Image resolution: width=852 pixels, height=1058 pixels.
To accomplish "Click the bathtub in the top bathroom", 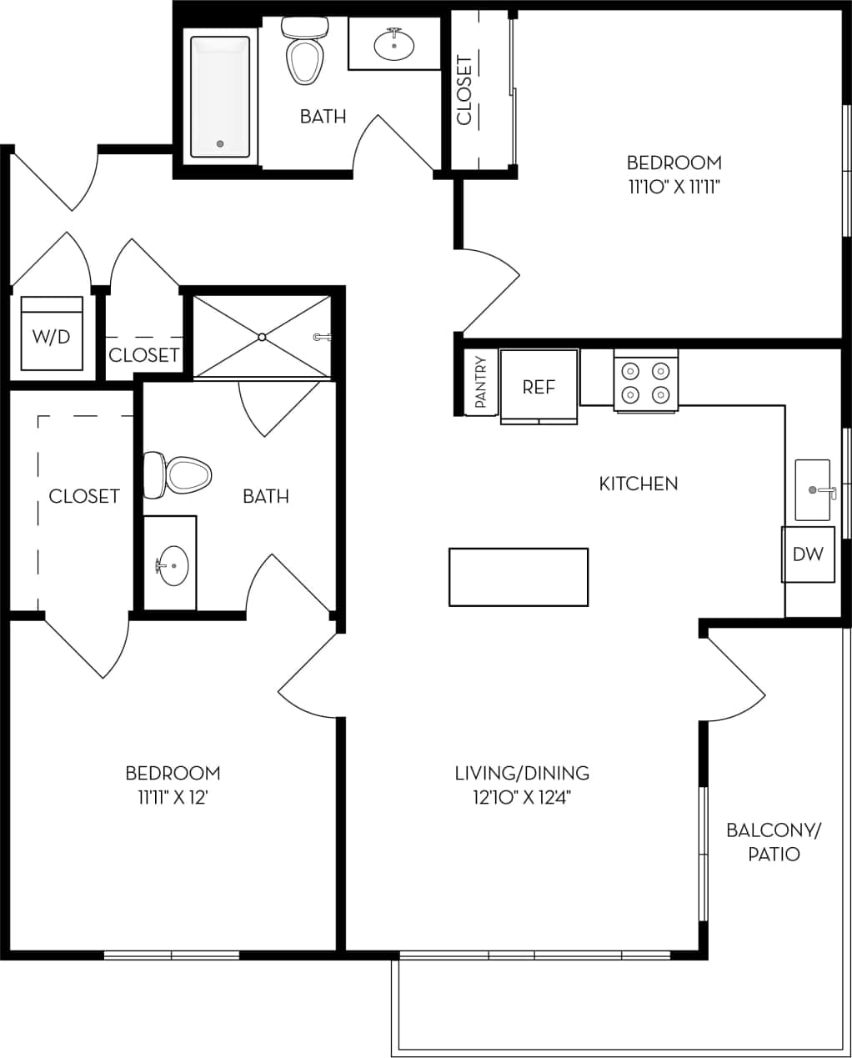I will coord(219,96).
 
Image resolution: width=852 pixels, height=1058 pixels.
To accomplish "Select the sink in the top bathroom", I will coord(393,45).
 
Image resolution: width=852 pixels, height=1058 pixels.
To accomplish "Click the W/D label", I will coord(51,337).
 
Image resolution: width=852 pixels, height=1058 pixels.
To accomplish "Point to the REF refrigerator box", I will coord(539,387).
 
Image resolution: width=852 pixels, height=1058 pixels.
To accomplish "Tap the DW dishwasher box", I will coord(808,554).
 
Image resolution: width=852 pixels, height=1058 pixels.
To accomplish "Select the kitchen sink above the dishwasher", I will coord(813,490).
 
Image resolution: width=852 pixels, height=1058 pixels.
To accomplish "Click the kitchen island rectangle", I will coord(519,576).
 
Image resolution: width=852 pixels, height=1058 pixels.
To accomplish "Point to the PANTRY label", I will coord(481,383).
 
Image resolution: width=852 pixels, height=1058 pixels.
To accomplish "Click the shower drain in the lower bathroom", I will coord(262,337).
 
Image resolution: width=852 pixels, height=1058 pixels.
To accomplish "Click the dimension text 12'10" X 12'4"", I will coord(522,798).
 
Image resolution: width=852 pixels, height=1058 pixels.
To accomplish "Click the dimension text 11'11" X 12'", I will coord(173,798).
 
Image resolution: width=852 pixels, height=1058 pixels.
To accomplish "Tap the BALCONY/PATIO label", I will coord(774,841).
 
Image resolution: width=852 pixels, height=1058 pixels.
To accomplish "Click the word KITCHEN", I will coord(639,484).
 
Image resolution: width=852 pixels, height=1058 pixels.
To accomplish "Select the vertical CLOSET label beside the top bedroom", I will coord(464,90).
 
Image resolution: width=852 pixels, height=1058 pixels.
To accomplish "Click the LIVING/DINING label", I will coord(522,773).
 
